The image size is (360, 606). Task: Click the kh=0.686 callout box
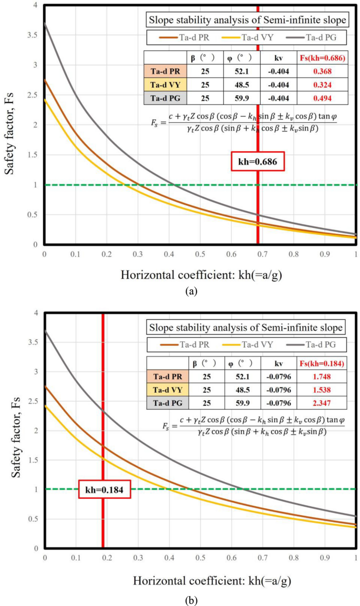tap(258, 162)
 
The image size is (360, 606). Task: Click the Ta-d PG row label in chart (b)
tap(166, 403)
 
